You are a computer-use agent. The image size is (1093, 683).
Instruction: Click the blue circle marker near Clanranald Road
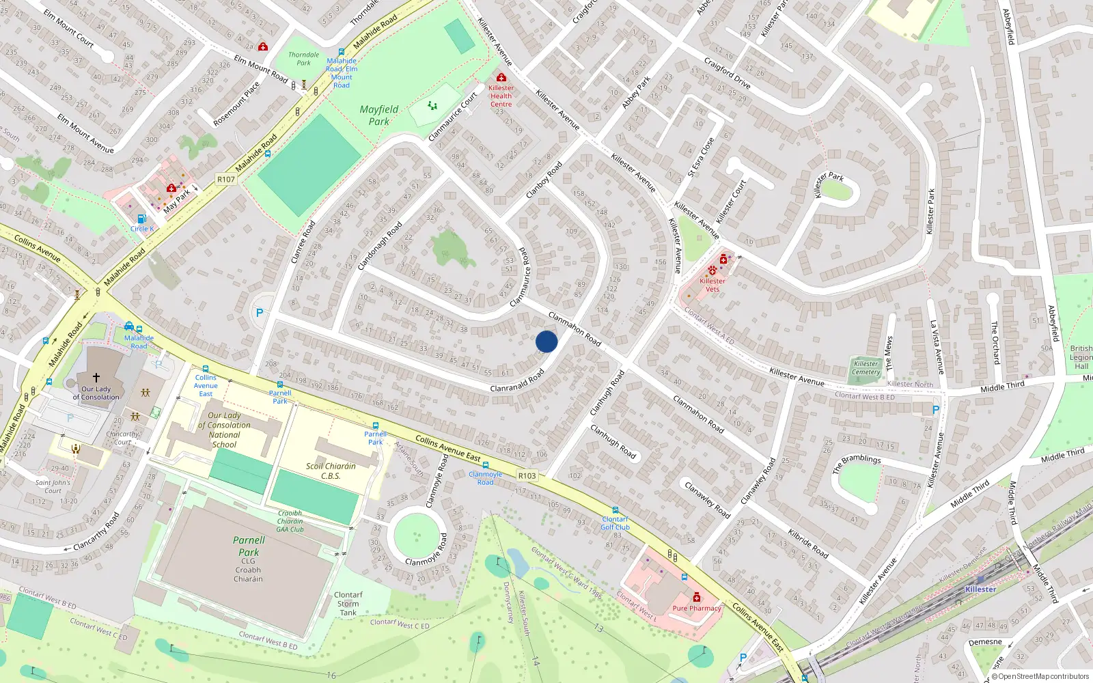tap(546, 341)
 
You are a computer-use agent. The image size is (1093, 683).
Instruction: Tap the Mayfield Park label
tap(379, 115)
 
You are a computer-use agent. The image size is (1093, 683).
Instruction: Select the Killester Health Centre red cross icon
tap(501, 78)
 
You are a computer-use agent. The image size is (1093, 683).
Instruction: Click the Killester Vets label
tap(712, 285)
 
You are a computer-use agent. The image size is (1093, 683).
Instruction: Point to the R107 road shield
tap(226, 180)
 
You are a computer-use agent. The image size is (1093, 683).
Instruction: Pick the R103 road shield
tap(527, 475)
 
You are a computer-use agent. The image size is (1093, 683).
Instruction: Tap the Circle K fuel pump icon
tap(141, 219)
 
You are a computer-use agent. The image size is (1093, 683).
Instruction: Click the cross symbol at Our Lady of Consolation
tap(96, 378)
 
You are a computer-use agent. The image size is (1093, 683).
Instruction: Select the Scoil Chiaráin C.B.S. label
tap(331, 471)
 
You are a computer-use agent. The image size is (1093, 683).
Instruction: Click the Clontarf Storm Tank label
tap(348, 604)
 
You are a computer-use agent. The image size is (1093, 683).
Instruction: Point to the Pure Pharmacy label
tap(697, 608)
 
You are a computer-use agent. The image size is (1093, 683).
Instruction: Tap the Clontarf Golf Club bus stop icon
tap(615, 510)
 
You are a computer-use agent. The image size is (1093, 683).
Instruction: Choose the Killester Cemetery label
tap(866, 367)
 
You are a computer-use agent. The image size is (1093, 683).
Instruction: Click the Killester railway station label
tap(980, 589)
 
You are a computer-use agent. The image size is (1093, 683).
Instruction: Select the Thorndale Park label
tap(303, 59)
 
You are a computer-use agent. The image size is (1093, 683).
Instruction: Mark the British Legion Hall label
tap(1081, 357)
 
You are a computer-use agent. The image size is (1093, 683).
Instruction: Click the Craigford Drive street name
tap(728, 74)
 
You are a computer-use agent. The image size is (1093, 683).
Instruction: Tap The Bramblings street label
tap(857, 463)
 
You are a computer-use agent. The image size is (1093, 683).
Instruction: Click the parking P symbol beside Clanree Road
tap(260, 313)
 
